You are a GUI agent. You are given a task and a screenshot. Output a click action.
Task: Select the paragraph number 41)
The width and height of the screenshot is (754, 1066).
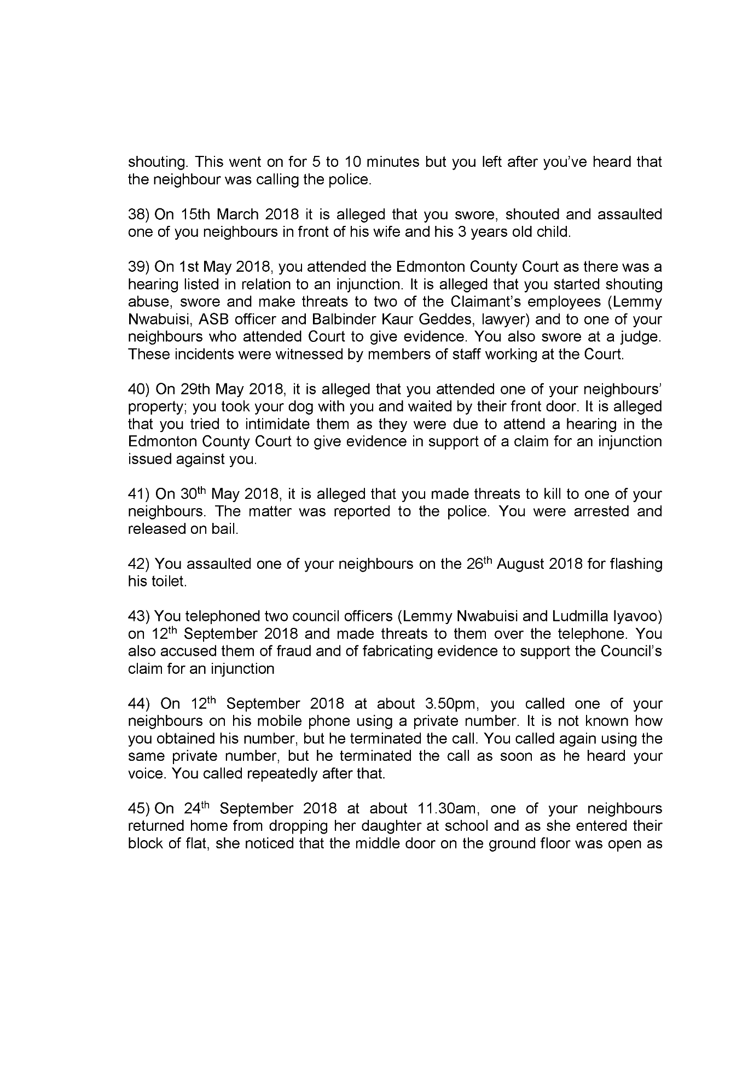[x=139, y=494]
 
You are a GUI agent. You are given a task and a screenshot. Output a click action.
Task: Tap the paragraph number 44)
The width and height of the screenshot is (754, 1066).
[x=139, y=704]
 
